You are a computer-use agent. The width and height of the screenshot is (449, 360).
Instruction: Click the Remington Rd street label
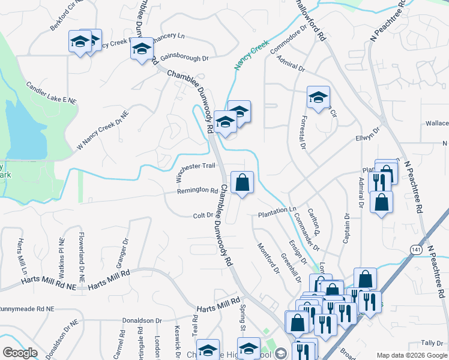197,191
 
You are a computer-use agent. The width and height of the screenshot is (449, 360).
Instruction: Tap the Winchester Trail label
196,166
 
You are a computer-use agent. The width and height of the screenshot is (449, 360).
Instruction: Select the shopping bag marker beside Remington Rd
242,184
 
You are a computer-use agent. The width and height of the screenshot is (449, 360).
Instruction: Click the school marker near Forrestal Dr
318,98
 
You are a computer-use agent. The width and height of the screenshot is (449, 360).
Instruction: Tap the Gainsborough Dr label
184,58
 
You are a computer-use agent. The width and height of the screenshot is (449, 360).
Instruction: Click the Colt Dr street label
202,216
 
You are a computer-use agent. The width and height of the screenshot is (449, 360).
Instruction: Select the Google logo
19,353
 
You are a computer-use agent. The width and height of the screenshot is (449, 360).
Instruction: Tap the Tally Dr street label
432,343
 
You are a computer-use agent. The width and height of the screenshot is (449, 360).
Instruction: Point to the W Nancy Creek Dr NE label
102,130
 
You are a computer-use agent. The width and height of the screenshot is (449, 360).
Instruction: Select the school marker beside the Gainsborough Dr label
142,50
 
